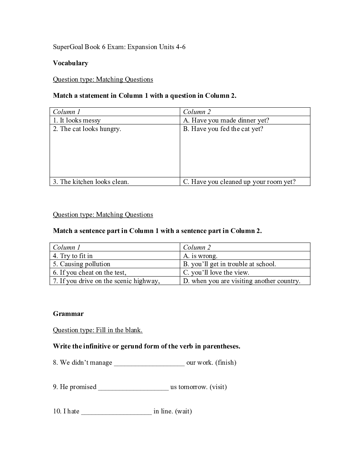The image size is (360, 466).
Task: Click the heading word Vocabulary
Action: [71, 63]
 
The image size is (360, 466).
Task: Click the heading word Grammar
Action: [68, 314]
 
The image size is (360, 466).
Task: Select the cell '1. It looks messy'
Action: [77, 120]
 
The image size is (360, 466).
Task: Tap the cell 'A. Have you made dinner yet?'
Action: [226, 120]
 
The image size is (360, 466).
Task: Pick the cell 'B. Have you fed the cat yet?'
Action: [223, 129]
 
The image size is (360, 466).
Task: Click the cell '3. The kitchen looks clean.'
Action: [91, 182]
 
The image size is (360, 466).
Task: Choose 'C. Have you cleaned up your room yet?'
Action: [239, 182]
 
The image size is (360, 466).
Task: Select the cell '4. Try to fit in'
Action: [73, 256]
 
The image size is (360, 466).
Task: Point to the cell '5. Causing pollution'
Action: [82, 264]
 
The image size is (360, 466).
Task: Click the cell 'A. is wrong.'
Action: [200, 256]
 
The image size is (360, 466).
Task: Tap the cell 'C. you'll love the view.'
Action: [216, 273]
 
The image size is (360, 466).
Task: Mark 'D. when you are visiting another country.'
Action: [242, 281]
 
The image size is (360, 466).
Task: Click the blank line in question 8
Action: [149, 364]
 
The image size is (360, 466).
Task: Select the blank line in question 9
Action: [133, 388]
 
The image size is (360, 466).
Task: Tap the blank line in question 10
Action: [116, 412]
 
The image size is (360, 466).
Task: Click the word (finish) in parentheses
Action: [226, 363]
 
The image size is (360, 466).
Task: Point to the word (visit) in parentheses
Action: [218, 387]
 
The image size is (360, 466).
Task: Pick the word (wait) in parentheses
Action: [184, 411]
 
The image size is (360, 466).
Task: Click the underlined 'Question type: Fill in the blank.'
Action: [98, 330]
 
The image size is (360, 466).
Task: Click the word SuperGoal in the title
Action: [68, 47]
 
